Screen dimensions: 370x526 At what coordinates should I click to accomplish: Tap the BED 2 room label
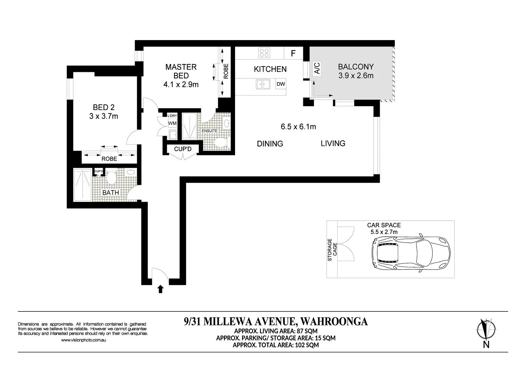click(x=103, y=112)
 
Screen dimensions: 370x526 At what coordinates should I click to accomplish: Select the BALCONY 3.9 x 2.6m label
click(x=356, y=71)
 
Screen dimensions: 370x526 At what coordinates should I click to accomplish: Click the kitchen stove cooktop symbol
click(x=264, y=53)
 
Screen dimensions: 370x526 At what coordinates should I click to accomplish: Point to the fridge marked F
click(x=293, y=53)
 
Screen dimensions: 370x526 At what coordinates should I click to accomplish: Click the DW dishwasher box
click(x=281, y=84)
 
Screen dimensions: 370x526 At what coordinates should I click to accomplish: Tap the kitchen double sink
click(x=263, y=84)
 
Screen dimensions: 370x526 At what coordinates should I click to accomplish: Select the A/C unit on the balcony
click(x=317, y=68)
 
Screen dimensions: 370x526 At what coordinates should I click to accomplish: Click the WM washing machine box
click(x=172, y=123)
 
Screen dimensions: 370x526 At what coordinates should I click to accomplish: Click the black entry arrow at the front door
click(x=160, y=289)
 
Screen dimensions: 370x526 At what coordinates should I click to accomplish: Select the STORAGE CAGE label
click(x=332, y=249)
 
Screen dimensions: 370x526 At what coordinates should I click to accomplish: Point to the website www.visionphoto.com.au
click(x=83, y=340)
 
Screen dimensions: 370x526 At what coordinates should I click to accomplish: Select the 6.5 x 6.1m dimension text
click(x=298, y=127)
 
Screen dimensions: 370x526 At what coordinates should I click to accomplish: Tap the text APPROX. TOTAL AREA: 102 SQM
click(x=276, y=345)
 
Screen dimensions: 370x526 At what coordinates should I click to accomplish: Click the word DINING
click(x=270, y=144)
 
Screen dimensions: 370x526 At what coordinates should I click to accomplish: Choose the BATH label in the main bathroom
click(x=111, y=193)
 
